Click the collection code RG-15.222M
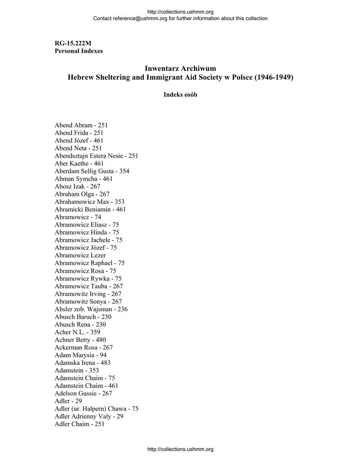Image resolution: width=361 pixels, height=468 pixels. [73, 43]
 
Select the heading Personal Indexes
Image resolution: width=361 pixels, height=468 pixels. [78, 51]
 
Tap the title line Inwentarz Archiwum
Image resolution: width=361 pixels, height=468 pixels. [180, 68]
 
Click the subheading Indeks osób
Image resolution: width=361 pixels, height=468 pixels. [180, 95]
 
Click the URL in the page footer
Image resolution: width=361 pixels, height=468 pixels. [180, 449]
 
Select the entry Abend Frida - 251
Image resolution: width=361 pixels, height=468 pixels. [79, 133]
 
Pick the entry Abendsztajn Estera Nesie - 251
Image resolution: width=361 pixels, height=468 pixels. [96, 156]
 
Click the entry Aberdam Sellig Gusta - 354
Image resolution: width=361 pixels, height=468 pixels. [92, 171]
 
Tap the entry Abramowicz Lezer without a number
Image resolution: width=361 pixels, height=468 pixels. [80, 255]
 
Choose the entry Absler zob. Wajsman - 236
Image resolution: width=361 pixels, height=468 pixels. [91, 309]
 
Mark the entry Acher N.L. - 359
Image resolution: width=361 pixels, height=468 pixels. [77, 332]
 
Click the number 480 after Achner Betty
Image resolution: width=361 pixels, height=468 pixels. [101, 340]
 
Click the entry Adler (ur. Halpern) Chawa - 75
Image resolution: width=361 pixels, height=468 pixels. [96, 409]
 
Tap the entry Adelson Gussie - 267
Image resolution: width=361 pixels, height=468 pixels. [83, 394]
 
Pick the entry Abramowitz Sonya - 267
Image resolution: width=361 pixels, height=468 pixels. [88, 302]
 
